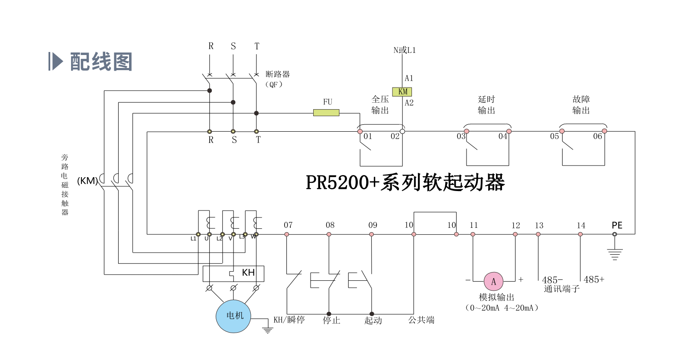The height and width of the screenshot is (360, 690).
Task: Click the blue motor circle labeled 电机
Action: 233,316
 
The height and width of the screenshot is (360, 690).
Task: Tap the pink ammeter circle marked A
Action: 493,282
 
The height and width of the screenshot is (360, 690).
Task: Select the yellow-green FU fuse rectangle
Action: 326,113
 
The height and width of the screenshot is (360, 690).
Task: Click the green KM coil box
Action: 402,92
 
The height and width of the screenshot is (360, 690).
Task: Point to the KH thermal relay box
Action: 233,273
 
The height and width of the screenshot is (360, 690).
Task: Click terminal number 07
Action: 288,225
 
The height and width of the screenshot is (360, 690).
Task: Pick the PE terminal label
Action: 617,225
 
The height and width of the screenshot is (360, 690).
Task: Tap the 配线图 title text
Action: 101,62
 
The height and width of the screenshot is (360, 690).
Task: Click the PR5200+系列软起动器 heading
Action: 405,182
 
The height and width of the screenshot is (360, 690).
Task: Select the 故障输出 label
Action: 581,105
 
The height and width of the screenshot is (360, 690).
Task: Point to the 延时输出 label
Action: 486,105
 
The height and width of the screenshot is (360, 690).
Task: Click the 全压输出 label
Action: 380,105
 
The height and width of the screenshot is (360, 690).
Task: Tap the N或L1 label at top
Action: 404,50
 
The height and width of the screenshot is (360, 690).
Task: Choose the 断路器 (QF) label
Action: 277,79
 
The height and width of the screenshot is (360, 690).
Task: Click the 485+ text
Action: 593,280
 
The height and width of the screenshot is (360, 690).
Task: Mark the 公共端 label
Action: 421,320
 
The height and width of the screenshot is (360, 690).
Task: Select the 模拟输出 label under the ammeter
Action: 496,297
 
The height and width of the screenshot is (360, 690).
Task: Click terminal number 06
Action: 597,136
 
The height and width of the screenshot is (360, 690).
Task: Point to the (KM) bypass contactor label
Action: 87,181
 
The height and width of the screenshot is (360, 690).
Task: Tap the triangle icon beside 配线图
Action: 56,62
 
